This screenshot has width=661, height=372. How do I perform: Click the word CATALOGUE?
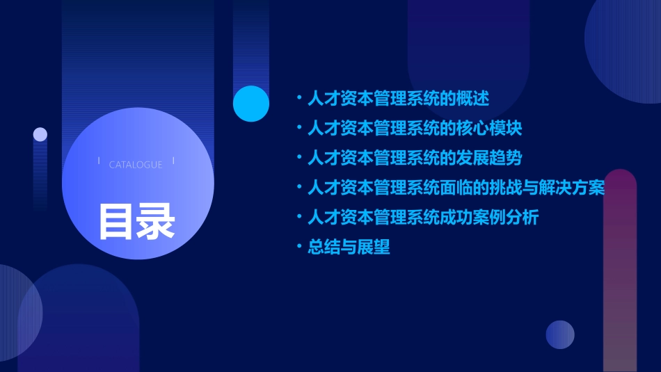(x=136, y=165)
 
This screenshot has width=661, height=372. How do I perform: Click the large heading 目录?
(x=136, y=221)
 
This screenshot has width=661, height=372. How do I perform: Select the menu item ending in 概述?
(x=398, y=99)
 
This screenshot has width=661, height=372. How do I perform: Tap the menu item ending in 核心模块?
(x=414, y=129)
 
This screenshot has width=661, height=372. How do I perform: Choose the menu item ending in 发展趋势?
(x=414, y=158)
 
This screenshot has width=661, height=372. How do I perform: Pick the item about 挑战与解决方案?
(x=456, y=188)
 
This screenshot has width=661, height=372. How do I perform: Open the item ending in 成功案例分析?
(x=423, y=218)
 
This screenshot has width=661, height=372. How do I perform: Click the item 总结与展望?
(x=349, y=248)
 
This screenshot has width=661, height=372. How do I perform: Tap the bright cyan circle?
(x=251, y=104)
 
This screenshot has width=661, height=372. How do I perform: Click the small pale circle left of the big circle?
(x=40, y=134)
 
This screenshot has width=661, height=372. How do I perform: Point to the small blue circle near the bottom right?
(x=560, y=334)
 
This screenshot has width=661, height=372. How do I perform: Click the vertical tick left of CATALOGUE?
(x=99, y=161)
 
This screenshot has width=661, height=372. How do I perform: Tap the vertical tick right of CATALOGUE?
(x=173, y=161)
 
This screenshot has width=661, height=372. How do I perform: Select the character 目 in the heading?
(x=116, y=221)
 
